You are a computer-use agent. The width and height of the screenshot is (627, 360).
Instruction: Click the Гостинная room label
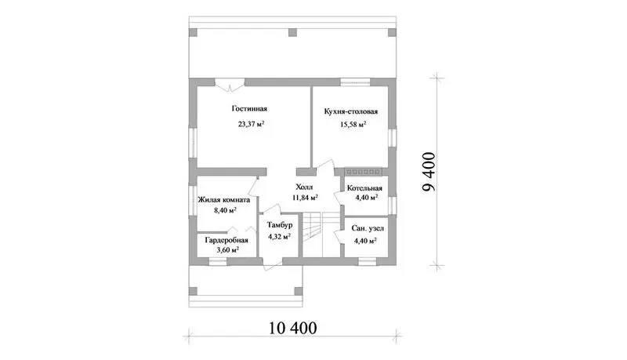249,109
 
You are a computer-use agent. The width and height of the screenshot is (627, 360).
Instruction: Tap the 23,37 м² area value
251,124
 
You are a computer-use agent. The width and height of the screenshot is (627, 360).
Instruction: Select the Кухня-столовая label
350,111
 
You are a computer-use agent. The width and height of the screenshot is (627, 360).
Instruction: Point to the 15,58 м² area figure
353,125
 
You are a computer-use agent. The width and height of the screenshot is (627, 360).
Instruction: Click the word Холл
304,187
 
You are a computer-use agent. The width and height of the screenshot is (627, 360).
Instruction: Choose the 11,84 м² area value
305,197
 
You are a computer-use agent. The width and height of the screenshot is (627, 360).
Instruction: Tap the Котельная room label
364,188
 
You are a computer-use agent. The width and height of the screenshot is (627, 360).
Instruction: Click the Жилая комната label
224,200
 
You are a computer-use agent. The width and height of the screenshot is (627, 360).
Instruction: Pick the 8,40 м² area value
225,210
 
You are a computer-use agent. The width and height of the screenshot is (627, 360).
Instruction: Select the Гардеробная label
227,241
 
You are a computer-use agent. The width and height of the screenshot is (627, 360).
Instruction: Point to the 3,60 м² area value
227,250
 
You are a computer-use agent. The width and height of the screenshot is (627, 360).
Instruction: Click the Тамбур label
280,225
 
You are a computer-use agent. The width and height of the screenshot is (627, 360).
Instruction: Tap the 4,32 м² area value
279,236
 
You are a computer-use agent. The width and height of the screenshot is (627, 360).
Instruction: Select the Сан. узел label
368,228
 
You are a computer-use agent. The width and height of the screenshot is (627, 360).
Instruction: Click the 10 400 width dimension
292,328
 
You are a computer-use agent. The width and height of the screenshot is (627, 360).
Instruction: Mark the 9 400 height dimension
429,172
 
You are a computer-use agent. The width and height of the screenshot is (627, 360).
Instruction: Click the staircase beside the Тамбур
321,235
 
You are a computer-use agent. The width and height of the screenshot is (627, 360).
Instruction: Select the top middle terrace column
293,32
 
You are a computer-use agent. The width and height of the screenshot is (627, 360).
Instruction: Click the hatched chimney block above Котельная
363,171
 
